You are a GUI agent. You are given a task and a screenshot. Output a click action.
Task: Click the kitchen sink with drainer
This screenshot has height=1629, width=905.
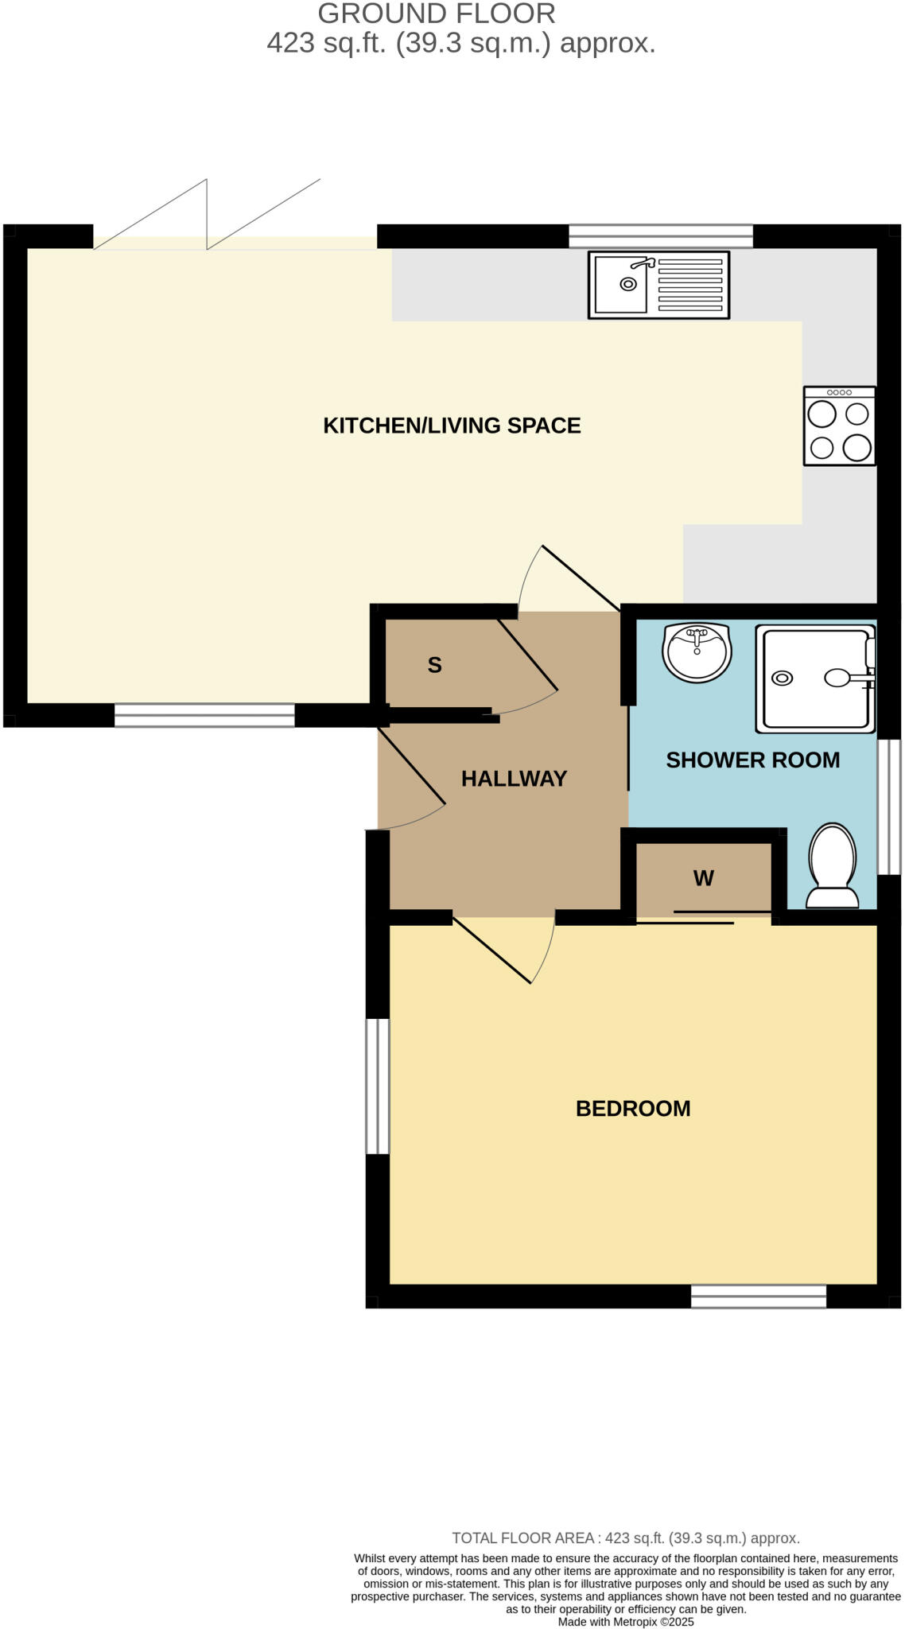(x=658, y=285)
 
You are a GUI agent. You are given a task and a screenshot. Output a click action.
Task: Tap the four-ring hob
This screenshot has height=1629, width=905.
(x=839, y=426)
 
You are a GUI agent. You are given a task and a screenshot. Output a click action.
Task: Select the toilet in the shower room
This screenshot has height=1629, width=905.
(x=833, y=866)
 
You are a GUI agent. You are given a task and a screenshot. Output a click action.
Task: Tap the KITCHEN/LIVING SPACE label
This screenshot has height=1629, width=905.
(x=452, y=426)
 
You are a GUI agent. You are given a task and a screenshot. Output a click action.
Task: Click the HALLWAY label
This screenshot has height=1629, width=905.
(x=514, y=779)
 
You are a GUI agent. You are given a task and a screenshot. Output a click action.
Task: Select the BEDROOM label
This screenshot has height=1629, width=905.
(x=633, y=1109)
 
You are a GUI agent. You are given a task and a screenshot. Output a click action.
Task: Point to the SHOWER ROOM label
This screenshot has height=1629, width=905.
(x=752, y=760)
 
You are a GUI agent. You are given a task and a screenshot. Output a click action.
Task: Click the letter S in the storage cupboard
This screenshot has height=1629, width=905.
(x=434, y=665)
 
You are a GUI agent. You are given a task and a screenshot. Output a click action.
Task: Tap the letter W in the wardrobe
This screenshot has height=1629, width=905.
(x=703, y=878)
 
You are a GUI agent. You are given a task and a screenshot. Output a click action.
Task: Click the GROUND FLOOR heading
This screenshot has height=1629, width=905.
(x=437, y=14)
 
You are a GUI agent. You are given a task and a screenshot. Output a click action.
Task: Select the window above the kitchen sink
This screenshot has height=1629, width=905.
(x=660, y=236)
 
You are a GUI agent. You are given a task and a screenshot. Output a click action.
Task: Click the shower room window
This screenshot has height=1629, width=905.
(x=888, y=807)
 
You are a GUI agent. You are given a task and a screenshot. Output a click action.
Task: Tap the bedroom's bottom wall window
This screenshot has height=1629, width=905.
(x=758, y=1297)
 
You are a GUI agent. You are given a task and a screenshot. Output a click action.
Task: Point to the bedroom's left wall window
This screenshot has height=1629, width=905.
(x=378, y=1086)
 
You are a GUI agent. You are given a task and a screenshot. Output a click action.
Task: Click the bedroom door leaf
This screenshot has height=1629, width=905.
(x=491, y=951)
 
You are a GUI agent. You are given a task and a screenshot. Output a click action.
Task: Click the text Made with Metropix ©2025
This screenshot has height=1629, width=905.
(x=626, y=1622)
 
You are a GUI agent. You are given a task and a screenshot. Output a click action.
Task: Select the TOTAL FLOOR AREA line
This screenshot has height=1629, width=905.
(x=626, y=1538)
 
